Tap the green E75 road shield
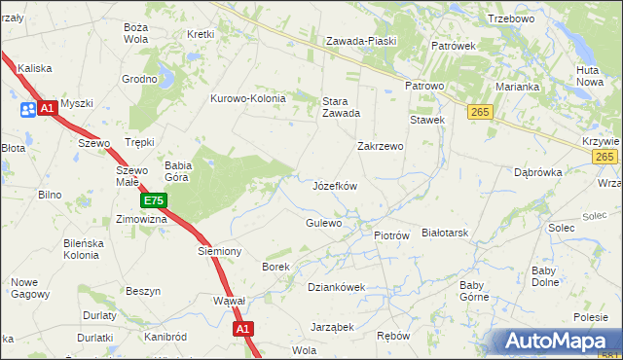154,201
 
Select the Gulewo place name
324,223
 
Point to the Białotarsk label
446,234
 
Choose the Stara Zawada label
342,105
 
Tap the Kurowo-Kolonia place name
248,98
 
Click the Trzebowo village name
511,18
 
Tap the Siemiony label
219,251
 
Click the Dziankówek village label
336,287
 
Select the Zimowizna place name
142,220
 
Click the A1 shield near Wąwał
243,331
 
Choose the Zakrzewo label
380,146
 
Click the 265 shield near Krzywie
605,157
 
